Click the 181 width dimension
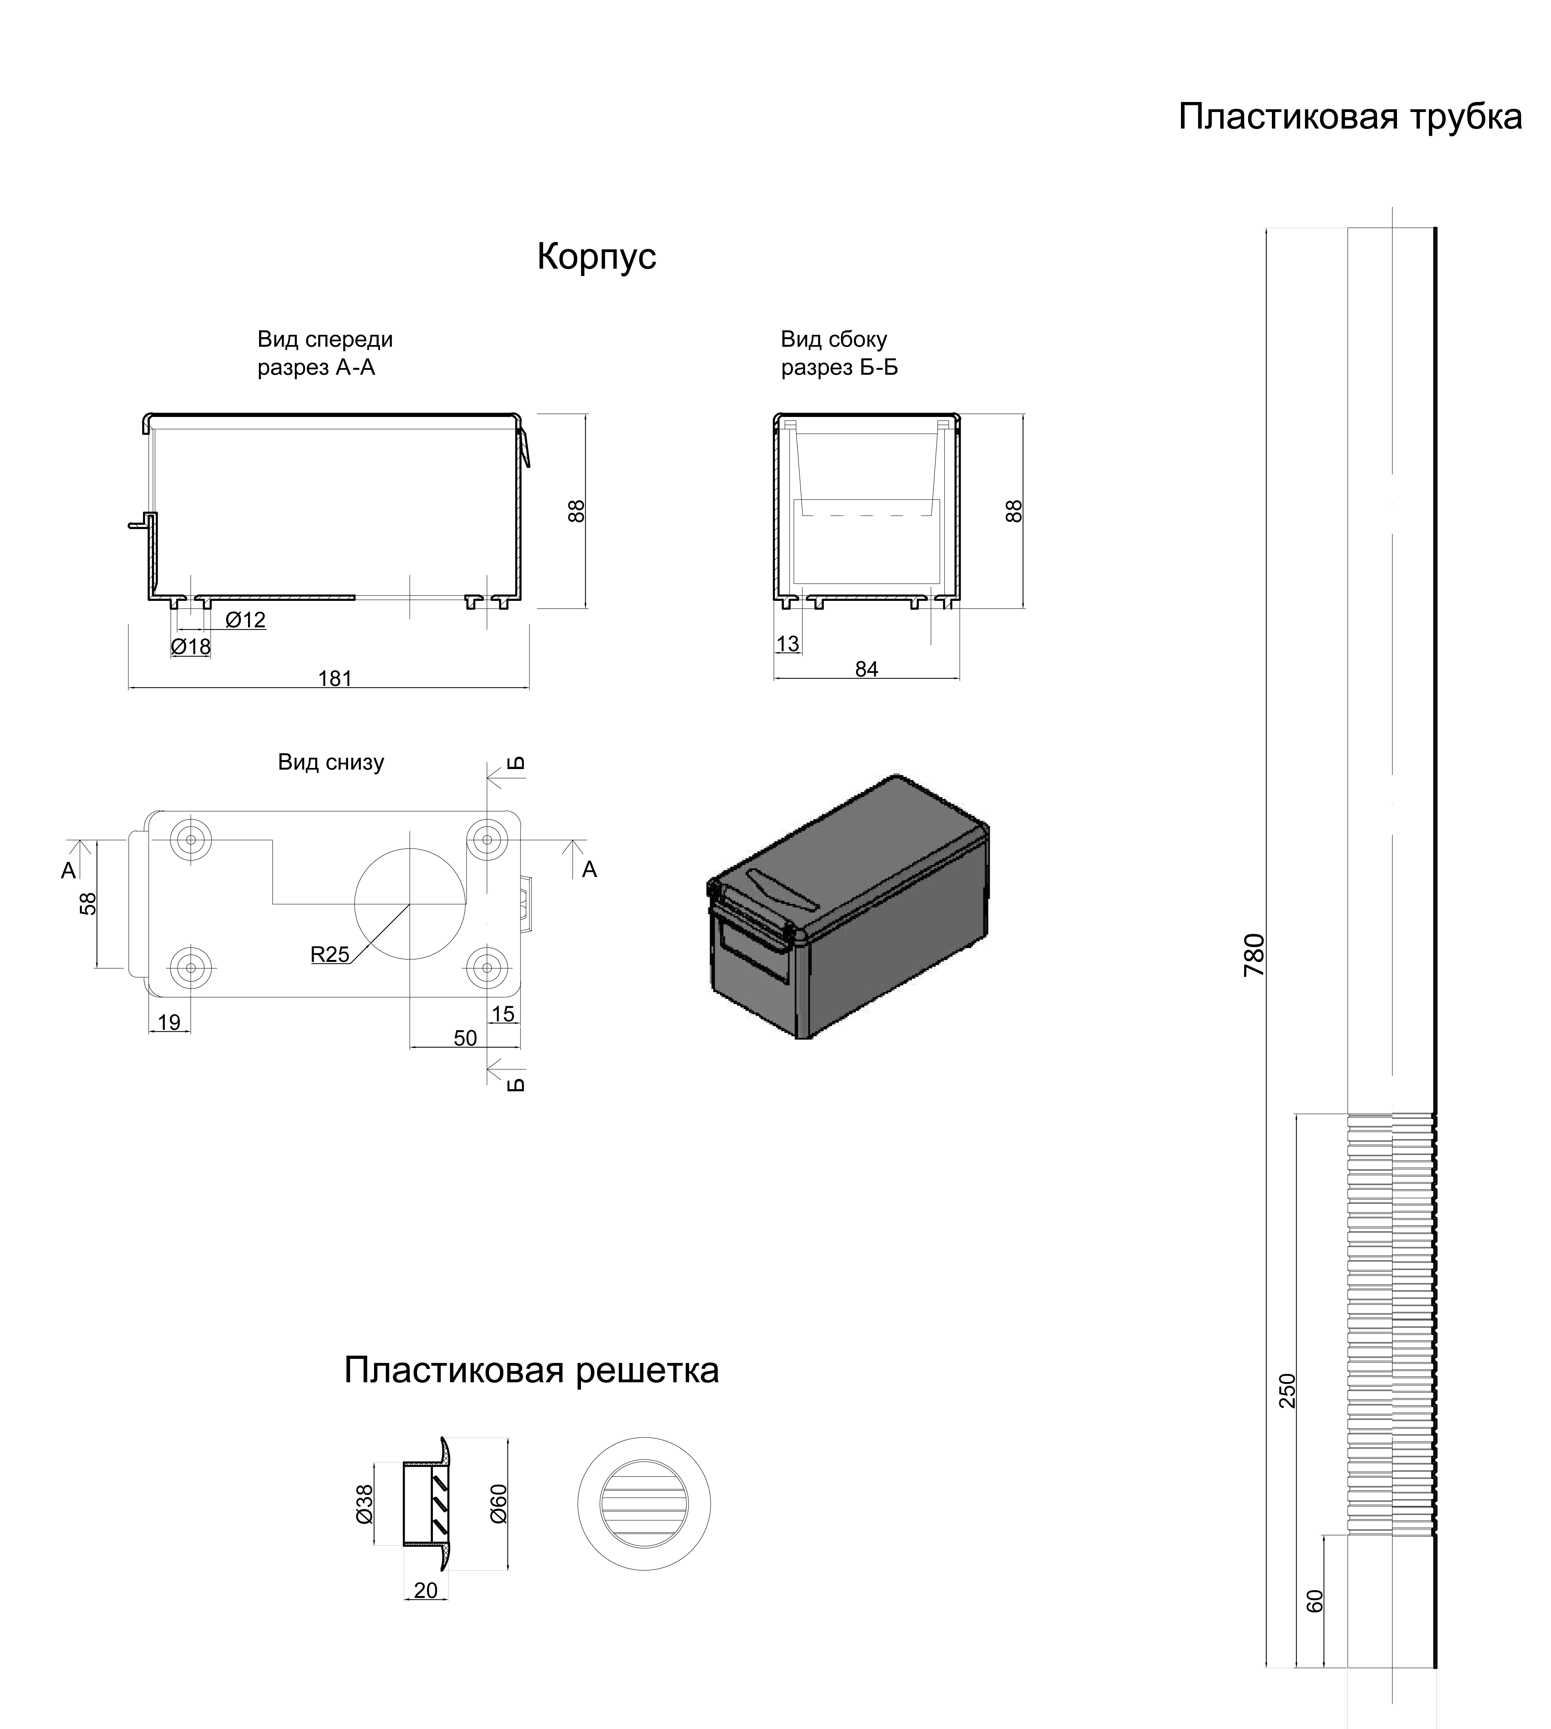pyautogui.click(x=335, y=679)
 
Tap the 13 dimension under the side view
pyautogui.click(x=788, y=644)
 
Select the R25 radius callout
pyautogui.click(x=330, y=955)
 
